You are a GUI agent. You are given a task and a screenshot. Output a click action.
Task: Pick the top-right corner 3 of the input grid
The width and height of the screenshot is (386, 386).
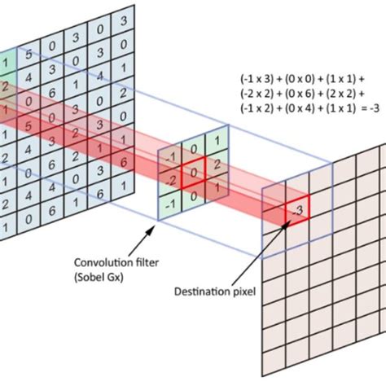point(122,18)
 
